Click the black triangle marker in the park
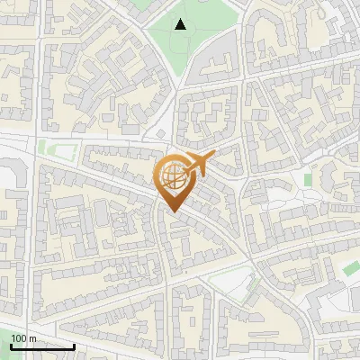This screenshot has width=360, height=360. pyautogui.click(x=181, y=24)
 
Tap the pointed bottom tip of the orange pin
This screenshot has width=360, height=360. pyautogui.click(x=172, y=213)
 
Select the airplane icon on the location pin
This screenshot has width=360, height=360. pyautogui.click(x=195, y=165)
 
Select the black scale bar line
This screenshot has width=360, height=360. pyautogui.click(x=42, y=346)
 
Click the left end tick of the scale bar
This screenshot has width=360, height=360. pyautogui.click(x=12, y=345)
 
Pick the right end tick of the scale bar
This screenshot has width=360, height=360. pyautogui.click(x=74, y=345)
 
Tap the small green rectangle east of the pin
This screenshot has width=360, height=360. pyautogui.click(x=309, y=179)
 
